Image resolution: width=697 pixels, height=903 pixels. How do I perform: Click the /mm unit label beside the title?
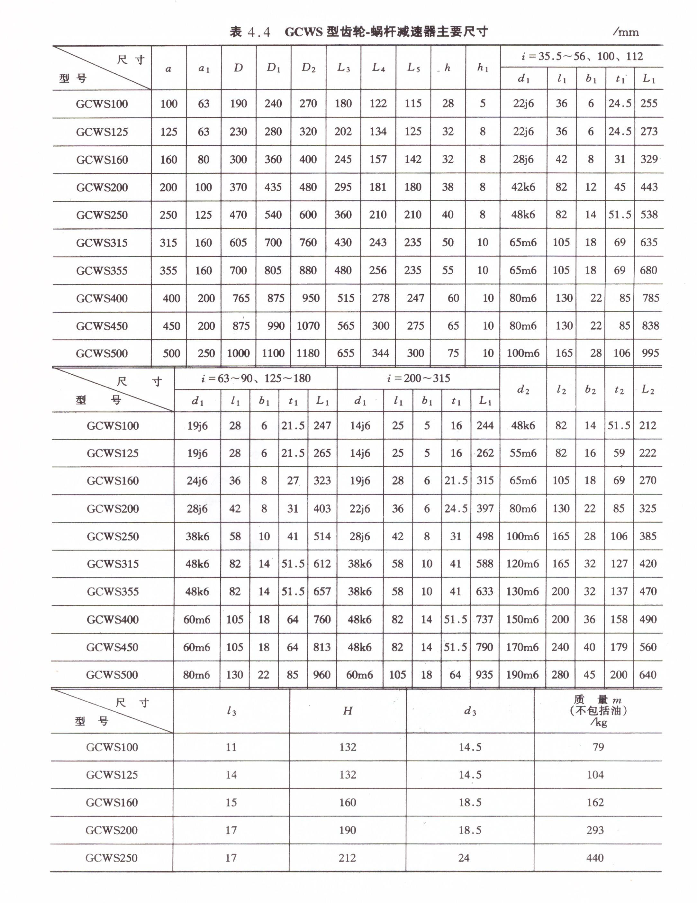(626, 32)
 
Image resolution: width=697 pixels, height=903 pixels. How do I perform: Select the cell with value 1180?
(308, 353)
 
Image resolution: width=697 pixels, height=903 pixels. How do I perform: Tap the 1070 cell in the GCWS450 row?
(308, 326)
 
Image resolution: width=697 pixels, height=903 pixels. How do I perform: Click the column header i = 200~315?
(418, 378)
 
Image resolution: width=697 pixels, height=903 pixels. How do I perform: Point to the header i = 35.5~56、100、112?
(582, 56)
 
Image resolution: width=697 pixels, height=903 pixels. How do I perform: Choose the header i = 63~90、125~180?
(256, 378)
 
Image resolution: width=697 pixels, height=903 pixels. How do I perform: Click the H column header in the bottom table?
(347, 711)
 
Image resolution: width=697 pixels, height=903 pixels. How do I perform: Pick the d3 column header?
(470, 711)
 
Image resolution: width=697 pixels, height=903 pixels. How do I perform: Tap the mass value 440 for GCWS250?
(595, 858)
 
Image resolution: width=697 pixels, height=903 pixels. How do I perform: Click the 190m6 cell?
(522, 675)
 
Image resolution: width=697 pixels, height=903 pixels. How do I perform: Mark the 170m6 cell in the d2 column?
(522, 647)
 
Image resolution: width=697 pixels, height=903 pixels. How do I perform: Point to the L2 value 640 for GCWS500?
(647, 675)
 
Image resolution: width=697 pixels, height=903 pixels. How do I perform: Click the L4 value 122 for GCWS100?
(378, 104)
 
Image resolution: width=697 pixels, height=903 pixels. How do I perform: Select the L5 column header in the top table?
(413, 68)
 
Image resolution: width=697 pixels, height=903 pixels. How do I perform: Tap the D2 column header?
(308, 68)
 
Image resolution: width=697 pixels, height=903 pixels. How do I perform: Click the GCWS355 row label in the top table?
(102, 271)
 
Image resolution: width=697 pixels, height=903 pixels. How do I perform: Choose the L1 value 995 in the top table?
(650, 353)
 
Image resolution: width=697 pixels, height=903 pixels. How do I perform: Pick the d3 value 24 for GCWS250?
(464, 858)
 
